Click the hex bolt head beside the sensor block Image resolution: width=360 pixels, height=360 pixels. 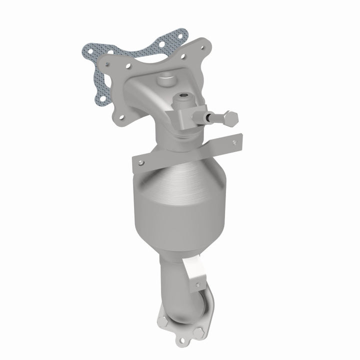pyautogui.click(x=230, y=118)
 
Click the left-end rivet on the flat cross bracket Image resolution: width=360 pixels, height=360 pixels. pyautogui.click(x=141, y=162)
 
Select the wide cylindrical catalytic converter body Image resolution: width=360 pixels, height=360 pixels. pyautogui.click(x=180, y=215)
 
